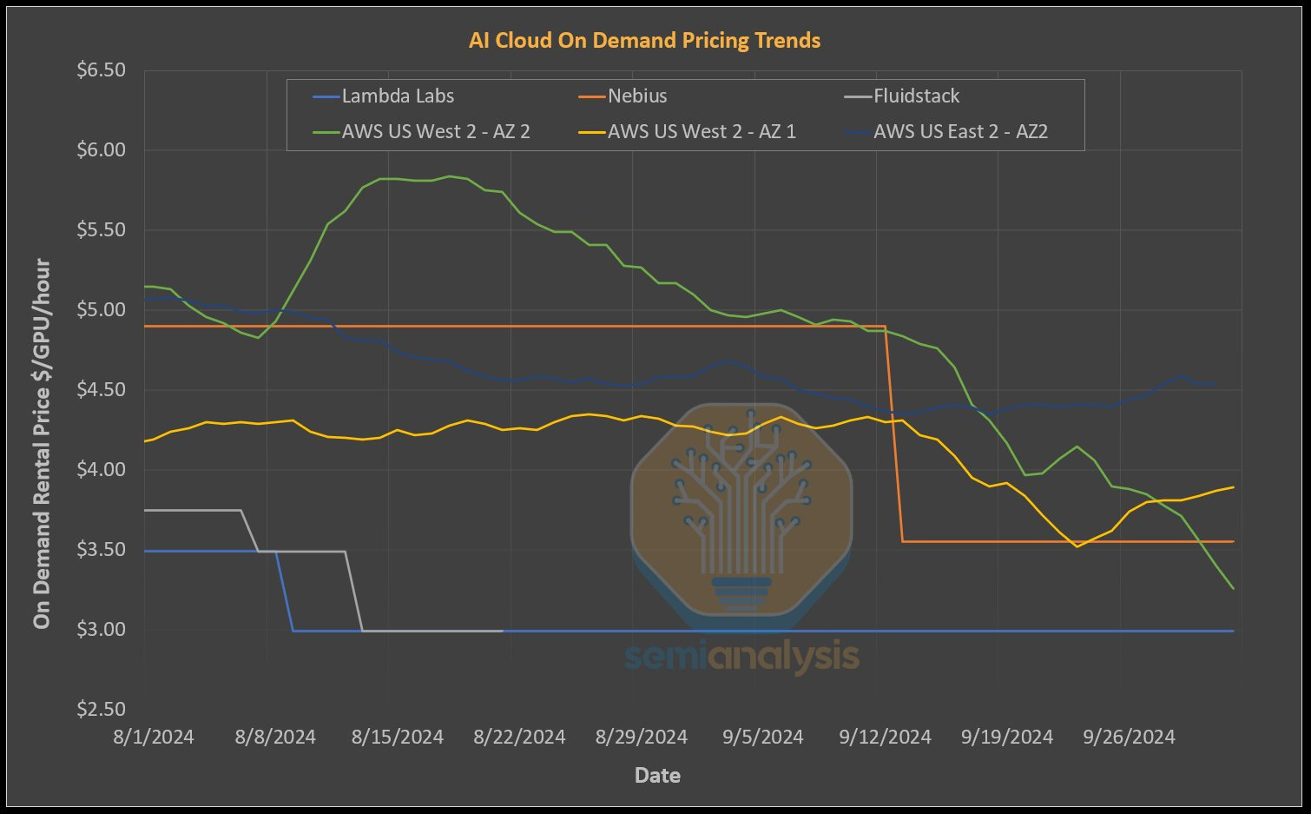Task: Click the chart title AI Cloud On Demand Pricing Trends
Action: [644, 41]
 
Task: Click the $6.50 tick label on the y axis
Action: [101, 70]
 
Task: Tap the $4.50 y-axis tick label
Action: [101, 390]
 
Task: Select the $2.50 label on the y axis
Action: [101, 710]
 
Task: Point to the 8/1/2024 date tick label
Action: [154, 738]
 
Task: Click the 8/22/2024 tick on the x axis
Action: [519, 738]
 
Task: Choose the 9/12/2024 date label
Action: [885, 738]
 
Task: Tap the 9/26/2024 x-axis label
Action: [1129, 738]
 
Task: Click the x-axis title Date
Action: [657, 776]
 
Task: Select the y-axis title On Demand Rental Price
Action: [42, 443]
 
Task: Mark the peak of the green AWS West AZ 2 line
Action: [449, 176]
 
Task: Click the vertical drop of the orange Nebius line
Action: [894, 434]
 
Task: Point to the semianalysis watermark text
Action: [741, 657]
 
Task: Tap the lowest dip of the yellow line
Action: [1077, 546]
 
